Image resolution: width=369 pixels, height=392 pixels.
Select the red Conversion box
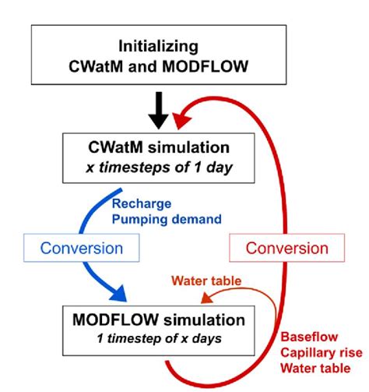(287, 249)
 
